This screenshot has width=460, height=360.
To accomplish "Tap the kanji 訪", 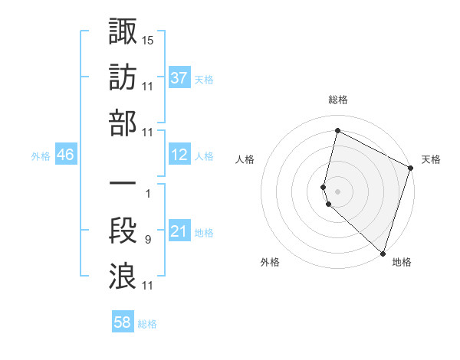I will click(123, 78).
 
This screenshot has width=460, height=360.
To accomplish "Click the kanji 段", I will click(123, 231).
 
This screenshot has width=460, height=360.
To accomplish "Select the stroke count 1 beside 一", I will click(148, 194).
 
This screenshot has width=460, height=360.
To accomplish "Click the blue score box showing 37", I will click(179, 78).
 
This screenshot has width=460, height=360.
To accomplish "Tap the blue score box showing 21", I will click(179, 232).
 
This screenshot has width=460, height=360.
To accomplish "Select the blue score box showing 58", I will click(123, 323).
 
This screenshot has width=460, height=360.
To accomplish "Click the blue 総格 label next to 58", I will click(147, 324).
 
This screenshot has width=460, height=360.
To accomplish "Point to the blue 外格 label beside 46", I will click(41, 156).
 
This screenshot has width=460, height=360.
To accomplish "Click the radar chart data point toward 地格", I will click(383, 253).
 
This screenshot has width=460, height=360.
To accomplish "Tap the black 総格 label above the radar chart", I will click(338, 100).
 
